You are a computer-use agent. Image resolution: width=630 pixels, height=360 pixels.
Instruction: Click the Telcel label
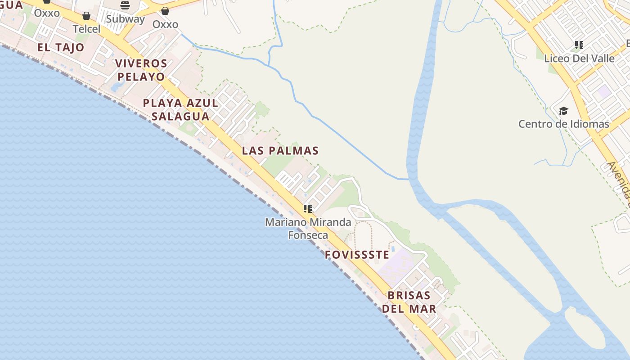tap(86, 29)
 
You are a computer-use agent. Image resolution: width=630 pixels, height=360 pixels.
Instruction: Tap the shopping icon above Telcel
tap(86, 16)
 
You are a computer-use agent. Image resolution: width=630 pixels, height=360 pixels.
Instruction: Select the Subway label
tap(125, 19)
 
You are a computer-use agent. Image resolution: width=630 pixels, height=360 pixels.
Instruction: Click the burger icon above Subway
tap(125, 5)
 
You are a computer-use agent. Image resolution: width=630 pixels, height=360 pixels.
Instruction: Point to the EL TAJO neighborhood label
tap(61, 47)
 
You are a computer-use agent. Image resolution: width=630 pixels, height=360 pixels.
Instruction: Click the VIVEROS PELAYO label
tap(141, 70)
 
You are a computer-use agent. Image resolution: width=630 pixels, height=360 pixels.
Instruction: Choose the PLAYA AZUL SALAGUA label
tap(180, 109)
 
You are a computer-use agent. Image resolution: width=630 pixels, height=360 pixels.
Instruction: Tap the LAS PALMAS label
tap(280, 150)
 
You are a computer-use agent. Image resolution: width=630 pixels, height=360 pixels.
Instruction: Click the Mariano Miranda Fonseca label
tap(308, 228)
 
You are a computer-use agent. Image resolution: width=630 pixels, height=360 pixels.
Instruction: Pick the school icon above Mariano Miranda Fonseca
tap(308, 208)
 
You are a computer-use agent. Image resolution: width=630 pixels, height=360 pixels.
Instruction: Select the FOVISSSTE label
tap(357, 255)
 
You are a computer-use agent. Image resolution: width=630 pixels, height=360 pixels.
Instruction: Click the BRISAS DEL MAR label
tap(409, 302)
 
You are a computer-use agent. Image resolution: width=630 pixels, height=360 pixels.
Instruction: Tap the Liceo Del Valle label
tap(579, 58)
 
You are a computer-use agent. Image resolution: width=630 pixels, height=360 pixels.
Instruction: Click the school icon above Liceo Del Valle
tap(579, 45)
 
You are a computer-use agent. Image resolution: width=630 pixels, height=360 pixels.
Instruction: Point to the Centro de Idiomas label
tap(563, 124)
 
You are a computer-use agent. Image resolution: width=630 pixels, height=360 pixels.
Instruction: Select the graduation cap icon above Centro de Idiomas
tap(563, 111)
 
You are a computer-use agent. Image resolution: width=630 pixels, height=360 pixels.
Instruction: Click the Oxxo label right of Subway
tap(165, 24)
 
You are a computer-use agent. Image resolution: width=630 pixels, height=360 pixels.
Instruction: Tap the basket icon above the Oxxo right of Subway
tap(165, 11)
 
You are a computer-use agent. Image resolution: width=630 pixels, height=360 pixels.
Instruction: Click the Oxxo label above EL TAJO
tap(47, 13)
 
